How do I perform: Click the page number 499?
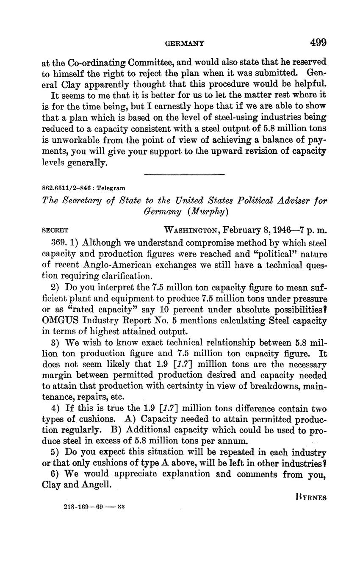click(318, 42)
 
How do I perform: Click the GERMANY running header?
click(184, 43)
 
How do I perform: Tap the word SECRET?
click(55, 231)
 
